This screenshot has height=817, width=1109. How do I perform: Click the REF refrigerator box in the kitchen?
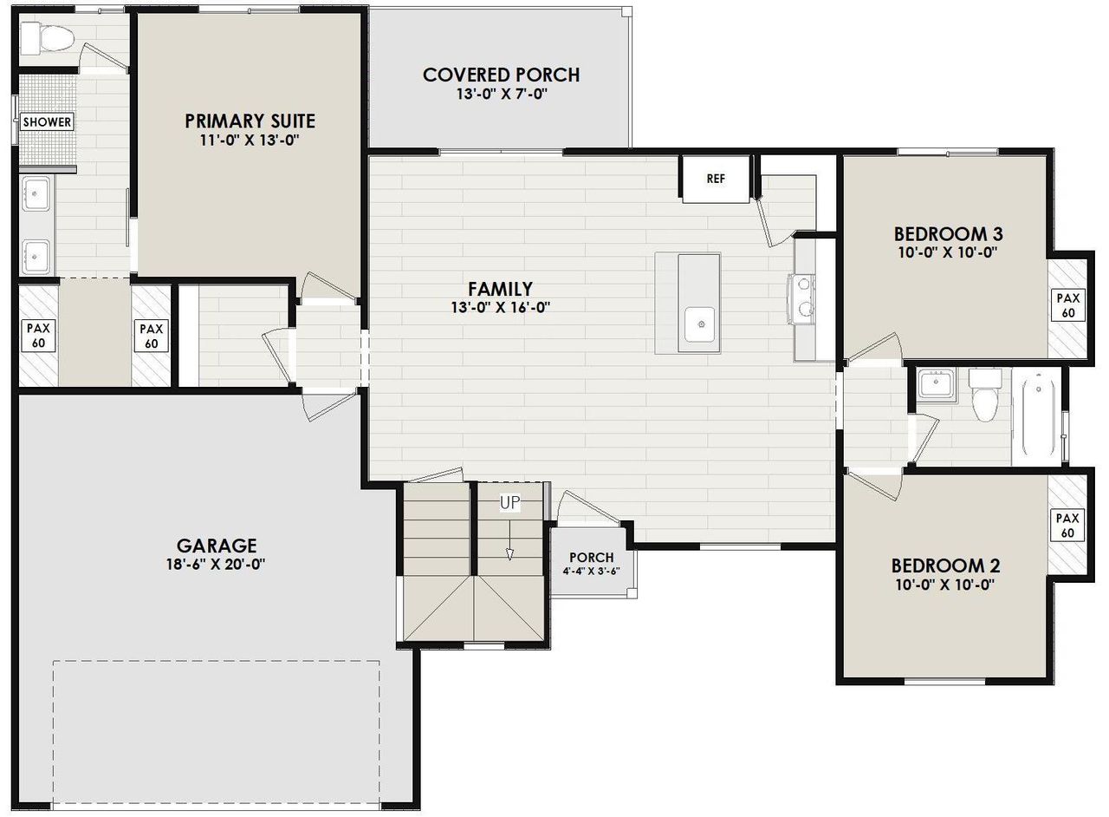pos(715,180)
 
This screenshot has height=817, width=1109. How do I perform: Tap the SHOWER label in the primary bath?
pos(47,122)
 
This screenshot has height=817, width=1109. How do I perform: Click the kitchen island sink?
pos(699,324)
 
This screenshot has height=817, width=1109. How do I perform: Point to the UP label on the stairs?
pos(509,502)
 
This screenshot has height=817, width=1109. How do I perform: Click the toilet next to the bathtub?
pos(984,395)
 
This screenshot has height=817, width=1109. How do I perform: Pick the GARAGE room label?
pos(217,546)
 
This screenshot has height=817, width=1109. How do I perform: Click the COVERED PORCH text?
pos(501,75)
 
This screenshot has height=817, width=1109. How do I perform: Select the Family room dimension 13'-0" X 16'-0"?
pos(500,306)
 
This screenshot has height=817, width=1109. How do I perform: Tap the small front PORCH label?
pos(592,557)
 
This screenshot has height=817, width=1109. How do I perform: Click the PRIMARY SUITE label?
pos(250,121)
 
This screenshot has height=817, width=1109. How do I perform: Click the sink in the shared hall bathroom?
pos(935,383)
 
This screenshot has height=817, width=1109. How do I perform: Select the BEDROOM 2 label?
pos(945,565)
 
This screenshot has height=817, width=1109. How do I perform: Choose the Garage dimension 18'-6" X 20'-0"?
pos(217,564)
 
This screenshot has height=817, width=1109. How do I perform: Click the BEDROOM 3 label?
pos(948,234)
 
